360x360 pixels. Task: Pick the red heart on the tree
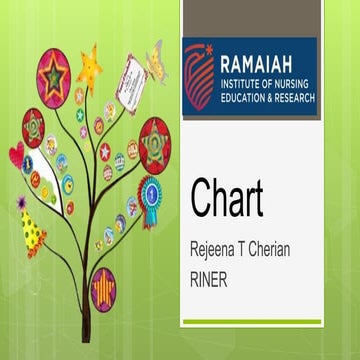click(x=16, y=154)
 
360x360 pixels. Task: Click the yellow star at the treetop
click(x=90, y=70)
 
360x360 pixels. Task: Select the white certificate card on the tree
click(x=131, y=82)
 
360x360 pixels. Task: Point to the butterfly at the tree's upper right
click(x=157, y=62)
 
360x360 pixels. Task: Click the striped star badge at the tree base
click(x=103, y=289)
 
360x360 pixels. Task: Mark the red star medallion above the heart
click(x=33, y=127)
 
